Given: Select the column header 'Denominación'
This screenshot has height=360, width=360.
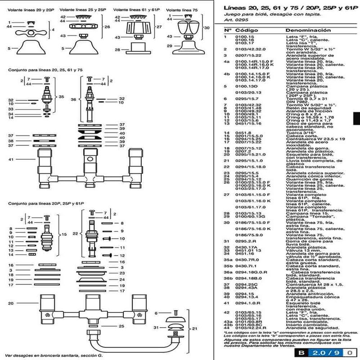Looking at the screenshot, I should pyautogui.click(x=301, y=30).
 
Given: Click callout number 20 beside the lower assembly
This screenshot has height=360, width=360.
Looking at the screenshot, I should pyautogui.click(x=10, y=303).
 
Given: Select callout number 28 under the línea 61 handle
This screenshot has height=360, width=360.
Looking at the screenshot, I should pyautogui.click(x=117, y=49).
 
